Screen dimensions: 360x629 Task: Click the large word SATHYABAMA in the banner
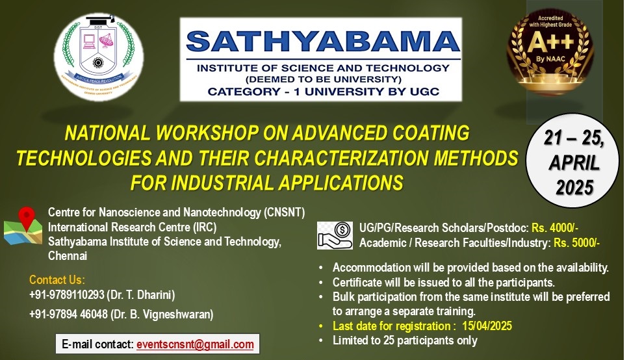click(x=322, y=42)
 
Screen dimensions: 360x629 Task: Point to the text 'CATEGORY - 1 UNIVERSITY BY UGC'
click(x=323, y=92)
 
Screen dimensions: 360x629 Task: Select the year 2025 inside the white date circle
click(x=575, y=188)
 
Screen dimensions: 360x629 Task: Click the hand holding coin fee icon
click(x=335, y=235)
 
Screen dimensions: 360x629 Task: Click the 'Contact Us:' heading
click(x=57, y=280)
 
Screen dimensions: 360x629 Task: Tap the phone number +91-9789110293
click(x=70, y=295)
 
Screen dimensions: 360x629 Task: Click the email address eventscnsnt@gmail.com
click(x=195, y=344)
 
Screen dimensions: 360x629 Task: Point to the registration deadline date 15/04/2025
click(x=489, y=326)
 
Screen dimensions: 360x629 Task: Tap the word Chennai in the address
click(x=68, y=256)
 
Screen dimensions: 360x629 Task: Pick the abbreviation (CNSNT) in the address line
click(x=278, y=213)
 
